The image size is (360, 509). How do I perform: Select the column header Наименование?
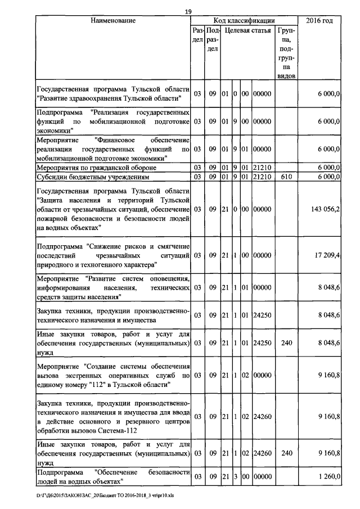[x=113, y=21]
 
